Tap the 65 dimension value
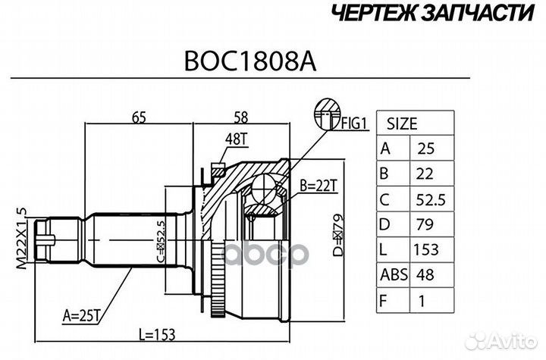[x=139, y=117]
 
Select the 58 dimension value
[x=241, y=117]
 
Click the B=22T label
[x=318, y=184]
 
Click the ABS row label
[x=392, y=275]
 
